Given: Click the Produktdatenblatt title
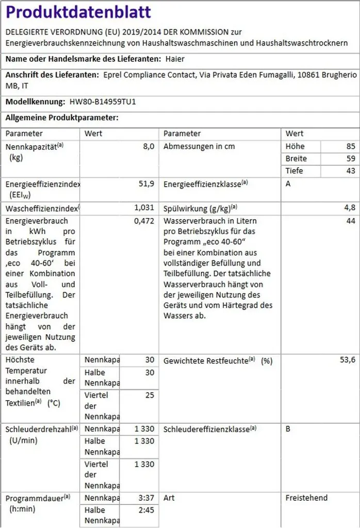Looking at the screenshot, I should coord(78,12).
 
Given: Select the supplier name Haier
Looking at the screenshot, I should coord(175,59).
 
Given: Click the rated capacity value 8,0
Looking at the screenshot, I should coord(148,146).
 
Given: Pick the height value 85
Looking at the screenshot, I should coord(351,146).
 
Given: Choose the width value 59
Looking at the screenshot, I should coord(351,159).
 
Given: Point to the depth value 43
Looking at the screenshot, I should coord(351,171).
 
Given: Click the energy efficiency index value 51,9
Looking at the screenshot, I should coord(145,184).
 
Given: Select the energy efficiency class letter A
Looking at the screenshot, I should coord(288,184).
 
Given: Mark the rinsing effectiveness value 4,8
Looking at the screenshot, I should coord(350,208).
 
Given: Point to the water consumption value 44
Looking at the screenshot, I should coord(351,221).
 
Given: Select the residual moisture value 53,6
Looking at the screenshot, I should coord(347,360).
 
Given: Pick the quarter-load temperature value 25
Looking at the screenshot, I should coord(149,395).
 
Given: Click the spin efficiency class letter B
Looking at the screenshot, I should coord(288,429).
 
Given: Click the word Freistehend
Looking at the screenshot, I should coord(306,498).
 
